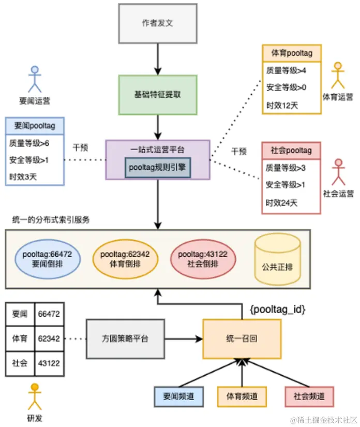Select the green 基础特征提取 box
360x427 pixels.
pos(158,95)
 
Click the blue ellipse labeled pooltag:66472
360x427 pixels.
pos(47,259)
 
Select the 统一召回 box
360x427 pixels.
pos(242,339)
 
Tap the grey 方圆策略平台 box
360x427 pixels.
pos(125,339)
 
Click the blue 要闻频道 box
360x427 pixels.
pos(178,396)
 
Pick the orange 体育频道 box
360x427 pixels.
pos(242,396)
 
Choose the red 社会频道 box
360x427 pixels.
pos(309,396)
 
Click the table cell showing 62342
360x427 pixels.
pos(49,339)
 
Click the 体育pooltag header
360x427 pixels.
pos(292,53)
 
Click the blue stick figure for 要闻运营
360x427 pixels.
pos(34,78)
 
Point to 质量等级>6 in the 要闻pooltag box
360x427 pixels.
pos(28,142)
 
